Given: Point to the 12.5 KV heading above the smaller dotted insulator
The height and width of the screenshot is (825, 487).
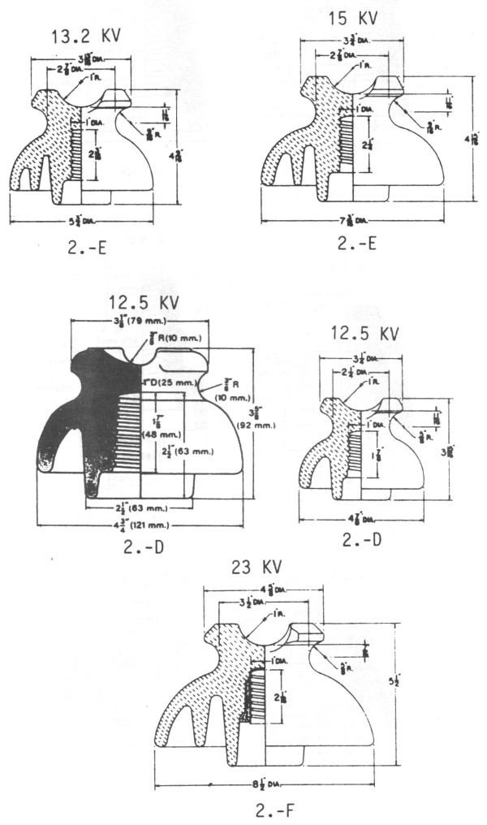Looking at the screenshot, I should (367, 333).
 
